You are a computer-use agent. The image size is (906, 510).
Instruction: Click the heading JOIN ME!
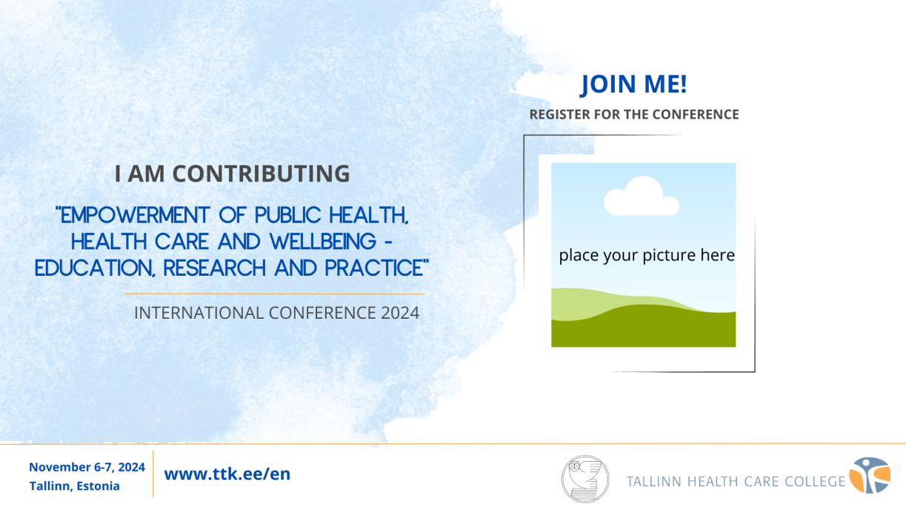point(633,85)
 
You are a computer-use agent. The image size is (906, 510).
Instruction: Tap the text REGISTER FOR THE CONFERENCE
point(633,114)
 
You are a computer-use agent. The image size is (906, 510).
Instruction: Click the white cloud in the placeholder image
point(641,197)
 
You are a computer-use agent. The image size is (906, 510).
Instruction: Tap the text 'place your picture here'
point(646,256)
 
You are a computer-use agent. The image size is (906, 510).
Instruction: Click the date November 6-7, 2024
point(87,467)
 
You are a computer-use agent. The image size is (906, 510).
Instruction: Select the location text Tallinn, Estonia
point(74,486)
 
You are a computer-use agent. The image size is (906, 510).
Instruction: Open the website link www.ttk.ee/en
point(227,474)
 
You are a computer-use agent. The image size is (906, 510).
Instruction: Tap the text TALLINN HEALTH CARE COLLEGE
point(736,481)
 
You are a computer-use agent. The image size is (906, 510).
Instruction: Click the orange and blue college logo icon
point(869,475)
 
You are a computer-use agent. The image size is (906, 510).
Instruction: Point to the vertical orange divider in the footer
point(153,474)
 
